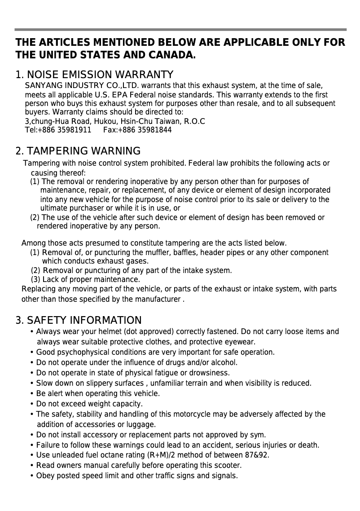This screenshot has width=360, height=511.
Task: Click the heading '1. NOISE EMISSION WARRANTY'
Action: tap(94, 75)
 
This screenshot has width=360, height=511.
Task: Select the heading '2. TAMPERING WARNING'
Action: tap(78, 151)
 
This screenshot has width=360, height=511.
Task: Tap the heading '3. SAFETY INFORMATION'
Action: tap(79, 320)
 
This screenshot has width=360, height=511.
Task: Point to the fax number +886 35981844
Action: tap(145, 130)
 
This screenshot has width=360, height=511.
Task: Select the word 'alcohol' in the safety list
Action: tap(223, 362)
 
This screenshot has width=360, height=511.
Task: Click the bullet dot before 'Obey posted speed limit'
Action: tap(31, 476)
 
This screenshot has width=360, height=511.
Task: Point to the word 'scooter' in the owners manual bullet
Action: tap(228, 465)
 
